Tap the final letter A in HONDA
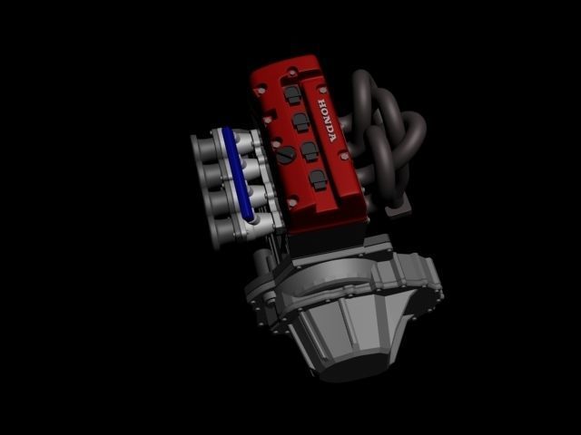coord(333,139)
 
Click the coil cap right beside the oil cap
coord(309,150)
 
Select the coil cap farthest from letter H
coord(317,179)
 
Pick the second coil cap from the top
coord(300,121)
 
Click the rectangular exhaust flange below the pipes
coord(397,210)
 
